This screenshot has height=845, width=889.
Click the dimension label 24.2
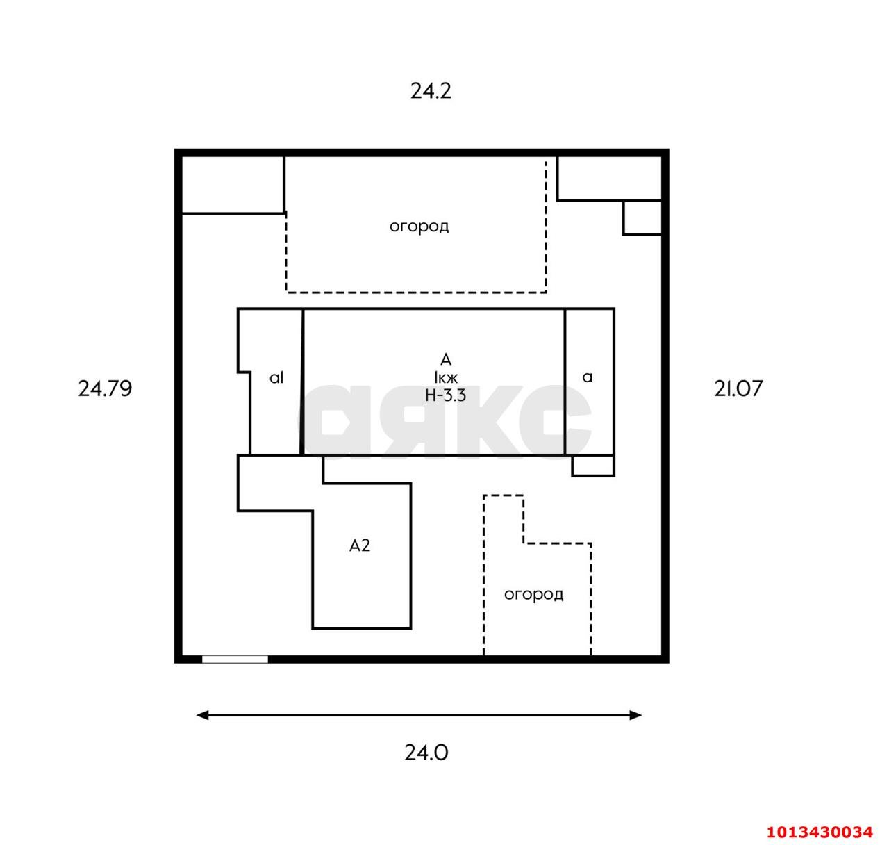click(431, 91)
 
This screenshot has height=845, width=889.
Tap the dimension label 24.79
click(105, 388)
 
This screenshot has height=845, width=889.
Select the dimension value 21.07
click(738, 388)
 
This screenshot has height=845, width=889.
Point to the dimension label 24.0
click(426, 753)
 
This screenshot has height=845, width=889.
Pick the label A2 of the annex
click(360, 545)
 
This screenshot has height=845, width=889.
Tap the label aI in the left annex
click(276, 377)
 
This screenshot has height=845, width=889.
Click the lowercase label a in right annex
click(588, 377)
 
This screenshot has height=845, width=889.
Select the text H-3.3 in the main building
click(445, 395)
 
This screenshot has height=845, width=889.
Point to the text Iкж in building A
click(446, 377)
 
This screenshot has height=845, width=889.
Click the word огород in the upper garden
click(419, 227)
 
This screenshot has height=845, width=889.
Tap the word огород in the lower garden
click(533, 594)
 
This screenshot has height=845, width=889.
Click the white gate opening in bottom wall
click(235, 659)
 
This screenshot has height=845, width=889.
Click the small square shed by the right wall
click(642, 218)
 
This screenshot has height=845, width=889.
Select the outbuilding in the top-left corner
click(233, 185)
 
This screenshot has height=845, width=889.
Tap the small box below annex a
click(593, 466)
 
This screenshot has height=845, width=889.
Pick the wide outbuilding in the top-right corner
click(610, 179)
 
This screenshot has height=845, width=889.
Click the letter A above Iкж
click(446, 360)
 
